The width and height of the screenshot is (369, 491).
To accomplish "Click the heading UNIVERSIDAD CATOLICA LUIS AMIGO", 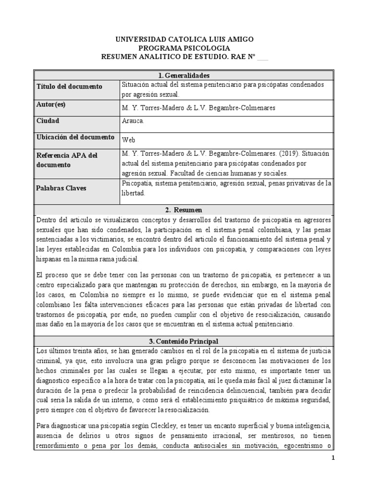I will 184,39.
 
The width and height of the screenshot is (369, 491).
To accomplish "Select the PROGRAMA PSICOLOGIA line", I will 184,48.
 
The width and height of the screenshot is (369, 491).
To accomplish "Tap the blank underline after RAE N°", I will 263,57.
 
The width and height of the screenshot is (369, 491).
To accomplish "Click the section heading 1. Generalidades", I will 184,75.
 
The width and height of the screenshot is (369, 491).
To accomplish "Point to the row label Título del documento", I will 69,86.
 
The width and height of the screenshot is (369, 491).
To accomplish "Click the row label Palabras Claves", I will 61,188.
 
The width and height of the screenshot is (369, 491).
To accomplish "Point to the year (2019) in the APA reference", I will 275,153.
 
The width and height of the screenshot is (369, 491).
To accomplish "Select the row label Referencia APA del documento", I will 67,160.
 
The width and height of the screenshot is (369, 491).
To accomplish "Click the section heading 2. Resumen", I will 184,210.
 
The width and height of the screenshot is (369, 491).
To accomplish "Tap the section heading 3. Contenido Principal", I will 184,341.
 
